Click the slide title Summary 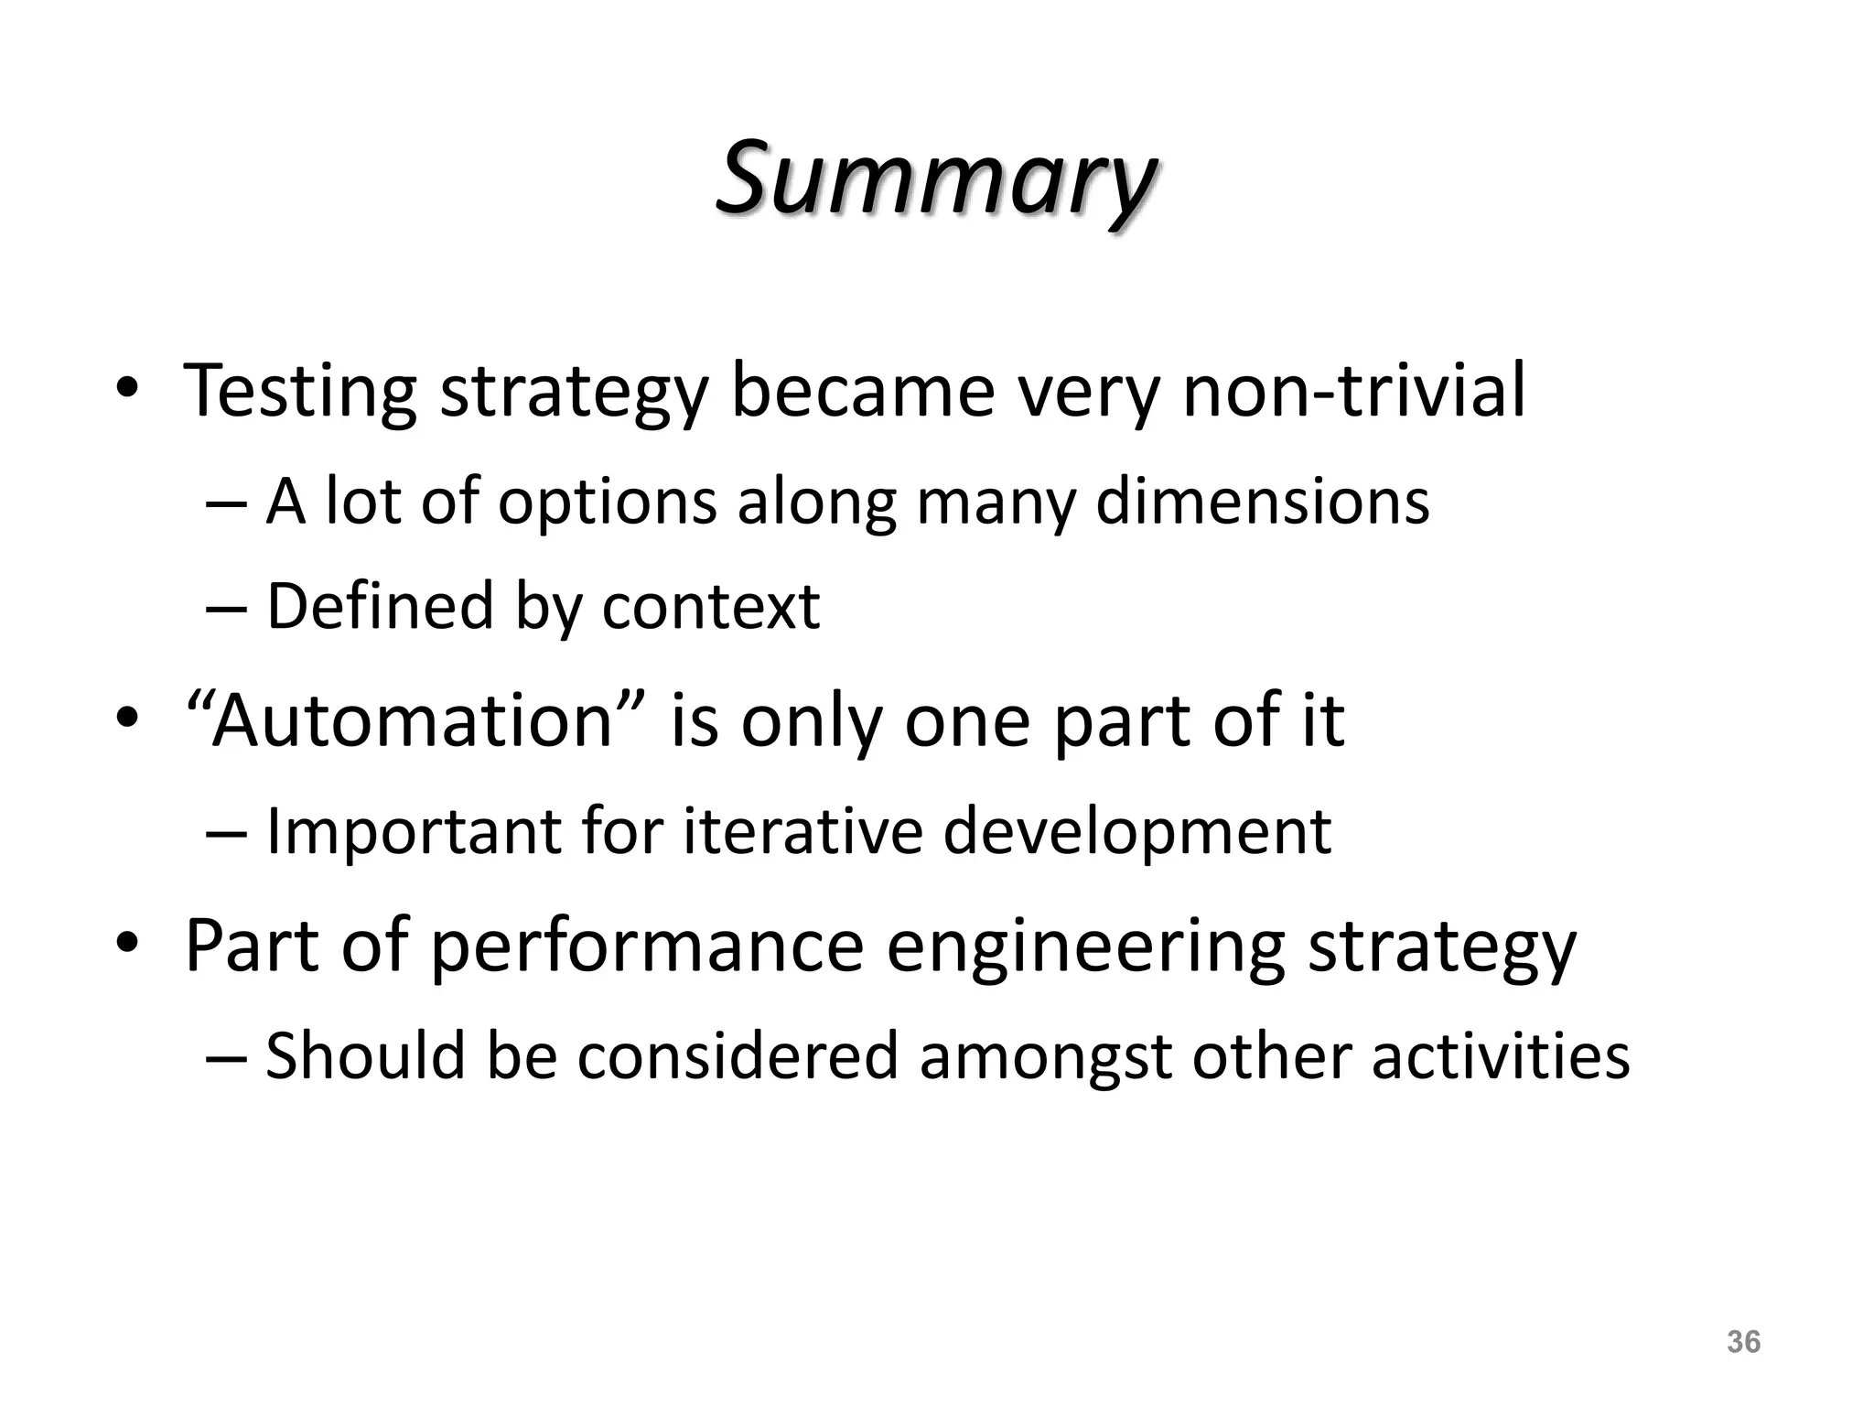pyautogui.click(x=935, y=178)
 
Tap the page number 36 pyautogui.click(x=1743, y=1342)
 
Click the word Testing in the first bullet pyautogui.click(x=300, y=392)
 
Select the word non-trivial pyautogui.click(x=1353, y=392)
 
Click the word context pyautogui.click(x=710, y=607)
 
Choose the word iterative pyautogui.click(x=802, y=831)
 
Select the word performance pyautogui.click(x=646, y=946)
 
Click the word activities pyautogui.click(x=1501, y=1055)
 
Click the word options pyautogui.click(x=607, y=503)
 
